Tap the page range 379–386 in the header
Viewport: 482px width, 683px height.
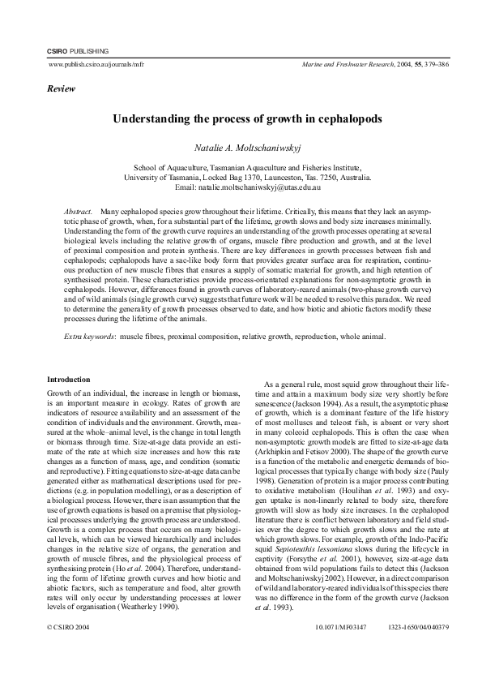[x=418, y=62]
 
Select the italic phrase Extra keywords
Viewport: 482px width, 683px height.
[x=89, y=335]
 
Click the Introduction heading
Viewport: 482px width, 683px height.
[x=69, y=380]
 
